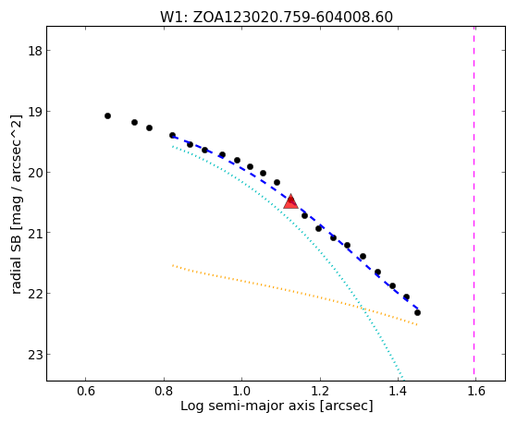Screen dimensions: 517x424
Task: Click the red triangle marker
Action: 290,202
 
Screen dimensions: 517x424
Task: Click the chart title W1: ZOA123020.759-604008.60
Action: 277,17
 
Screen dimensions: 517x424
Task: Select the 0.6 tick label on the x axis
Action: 86,391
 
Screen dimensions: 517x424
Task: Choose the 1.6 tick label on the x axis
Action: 476,391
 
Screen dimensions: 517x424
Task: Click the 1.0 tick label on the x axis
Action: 242,391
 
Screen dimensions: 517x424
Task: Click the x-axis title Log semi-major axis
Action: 248,406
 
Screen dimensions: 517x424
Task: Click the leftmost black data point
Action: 107,116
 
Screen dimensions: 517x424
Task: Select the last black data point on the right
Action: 417,312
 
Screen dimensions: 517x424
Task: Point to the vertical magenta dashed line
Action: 474,203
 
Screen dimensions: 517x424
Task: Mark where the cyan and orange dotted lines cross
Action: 363,309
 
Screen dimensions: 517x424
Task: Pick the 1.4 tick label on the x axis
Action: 398,391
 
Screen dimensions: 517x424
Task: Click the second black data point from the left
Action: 134,122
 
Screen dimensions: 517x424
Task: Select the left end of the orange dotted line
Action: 172,265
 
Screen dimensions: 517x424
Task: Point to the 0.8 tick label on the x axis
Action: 164,391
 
